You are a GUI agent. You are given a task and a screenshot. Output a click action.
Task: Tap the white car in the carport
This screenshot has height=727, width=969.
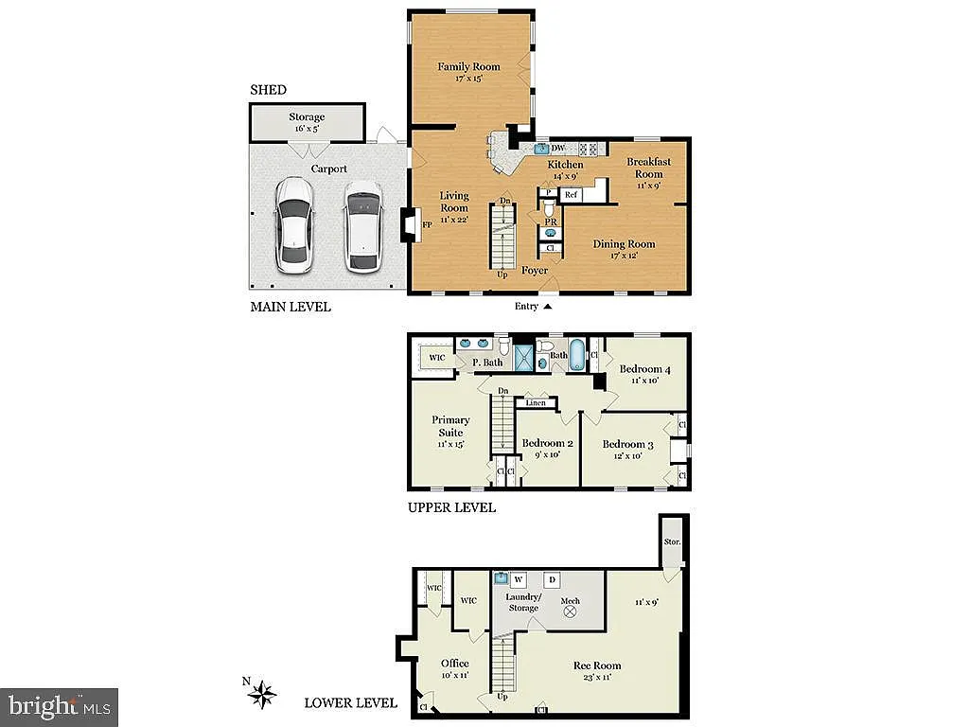coord(295,224)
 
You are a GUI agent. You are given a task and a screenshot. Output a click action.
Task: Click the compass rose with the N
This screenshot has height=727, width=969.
coord(262,696)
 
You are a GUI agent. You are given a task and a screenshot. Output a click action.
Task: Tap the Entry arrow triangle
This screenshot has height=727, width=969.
coord(547,307)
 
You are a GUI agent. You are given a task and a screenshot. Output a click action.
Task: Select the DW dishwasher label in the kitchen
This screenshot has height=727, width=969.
coord(558,149)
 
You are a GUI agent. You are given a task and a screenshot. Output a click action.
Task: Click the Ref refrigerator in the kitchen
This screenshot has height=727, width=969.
coord(572,195)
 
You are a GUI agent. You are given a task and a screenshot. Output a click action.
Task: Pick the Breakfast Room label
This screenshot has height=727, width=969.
coord(648,168)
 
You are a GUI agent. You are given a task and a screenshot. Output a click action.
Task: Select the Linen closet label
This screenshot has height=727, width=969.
coord(536,403)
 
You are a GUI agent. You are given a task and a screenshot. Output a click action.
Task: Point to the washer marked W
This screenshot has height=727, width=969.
coord(519,578)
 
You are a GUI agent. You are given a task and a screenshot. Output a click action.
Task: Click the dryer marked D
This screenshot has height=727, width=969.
coord(553,578)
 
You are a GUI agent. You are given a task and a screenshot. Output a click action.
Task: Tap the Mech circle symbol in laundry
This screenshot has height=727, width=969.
coord(570,612)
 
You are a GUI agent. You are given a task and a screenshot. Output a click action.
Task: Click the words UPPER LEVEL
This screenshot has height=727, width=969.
coord(450,507)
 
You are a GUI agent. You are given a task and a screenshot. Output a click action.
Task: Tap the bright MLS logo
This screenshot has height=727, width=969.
coord(59,706)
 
